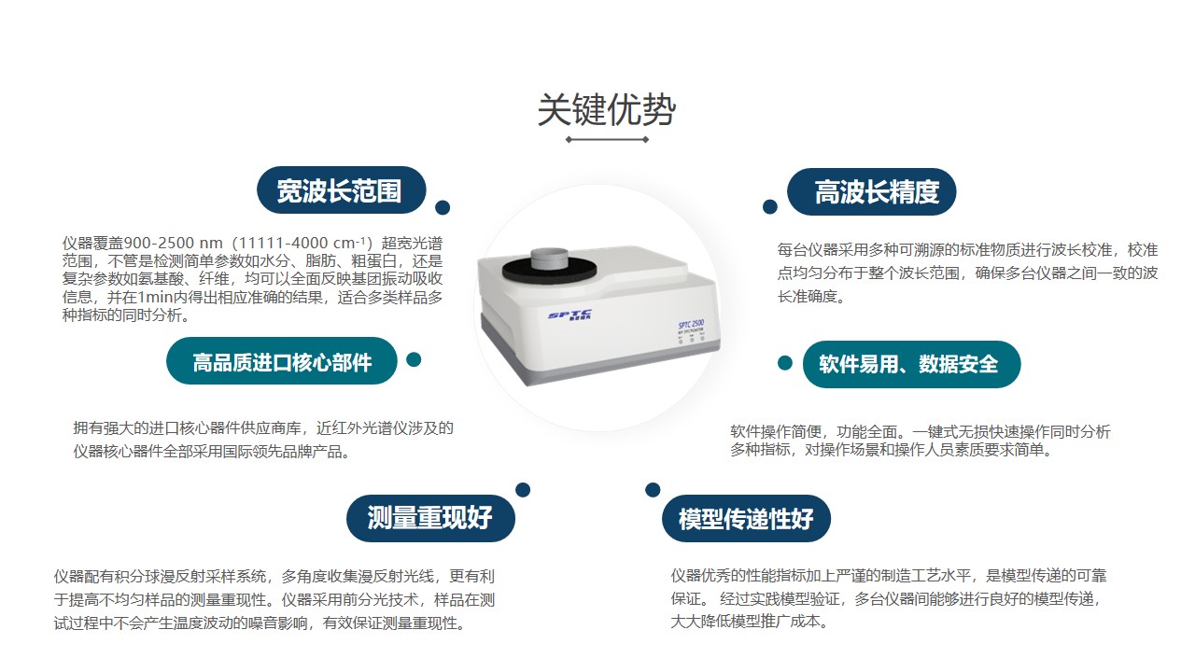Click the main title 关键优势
click(x=607, y=109)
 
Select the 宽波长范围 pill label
click(x=342, y=190)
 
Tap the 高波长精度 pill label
click(x=872, y=192)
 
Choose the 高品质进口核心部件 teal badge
click(x=282, y=361)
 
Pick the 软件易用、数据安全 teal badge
click(x=911, y=364)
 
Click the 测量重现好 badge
click(x=430, y=518)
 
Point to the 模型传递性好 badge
click(x=746, y=518)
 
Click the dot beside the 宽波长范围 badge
click(x=443, y=207)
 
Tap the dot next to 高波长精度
click(x=770, y=207)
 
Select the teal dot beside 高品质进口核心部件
click(x=414, y=359)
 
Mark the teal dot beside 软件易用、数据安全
click(x=785, y=363)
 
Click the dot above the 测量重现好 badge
click(x=523, y=490)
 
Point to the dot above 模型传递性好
click(x=653, y=490)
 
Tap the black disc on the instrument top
click(x=549, y=271)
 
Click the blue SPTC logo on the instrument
click(x=569, y=315)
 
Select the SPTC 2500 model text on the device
click(x=692, y=324)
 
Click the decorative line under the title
click(x=607, y=140)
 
